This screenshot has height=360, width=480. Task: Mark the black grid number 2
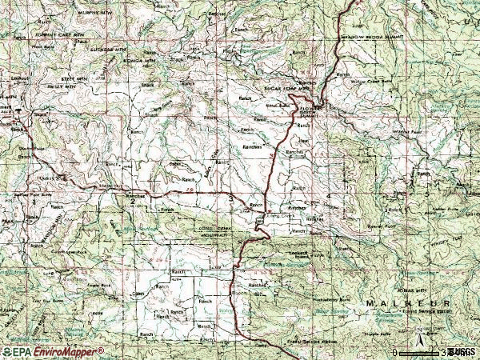tap(133, 202)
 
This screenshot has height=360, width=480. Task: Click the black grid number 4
tap(329, 196)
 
